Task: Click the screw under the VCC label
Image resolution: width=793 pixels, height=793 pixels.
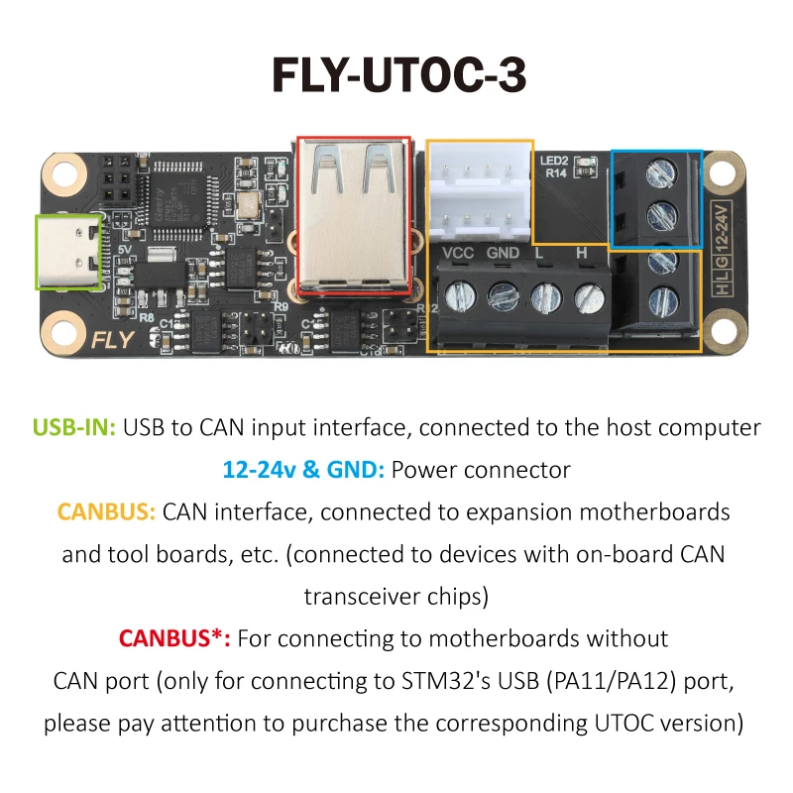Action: [x=457, y=295]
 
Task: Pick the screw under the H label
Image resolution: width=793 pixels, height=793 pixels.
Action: [x=589, y=295]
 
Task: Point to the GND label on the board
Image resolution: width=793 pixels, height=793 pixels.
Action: [x=504, y=253]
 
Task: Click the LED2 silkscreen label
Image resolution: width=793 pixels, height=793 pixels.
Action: [x=553, y=160]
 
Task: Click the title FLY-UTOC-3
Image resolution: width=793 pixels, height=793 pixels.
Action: [x=396, y=76]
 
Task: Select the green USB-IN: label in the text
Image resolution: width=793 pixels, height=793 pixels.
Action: [x=74, y=427]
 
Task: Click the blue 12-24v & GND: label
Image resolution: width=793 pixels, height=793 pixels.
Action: [x=303, y=470]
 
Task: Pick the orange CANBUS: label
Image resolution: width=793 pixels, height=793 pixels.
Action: [x=106, y=512]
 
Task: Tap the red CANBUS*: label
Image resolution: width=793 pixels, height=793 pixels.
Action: [x=174, y=638]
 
